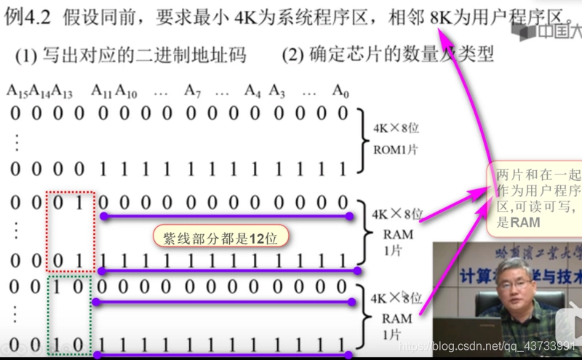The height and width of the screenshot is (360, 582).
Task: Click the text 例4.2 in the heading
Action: tap(29, 15)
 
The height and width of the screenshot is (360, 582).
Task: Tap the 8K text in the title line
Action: tap(441, 15)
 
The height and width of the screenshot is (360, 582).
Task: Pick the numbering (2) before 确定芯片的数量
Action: tap(295, 54)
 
